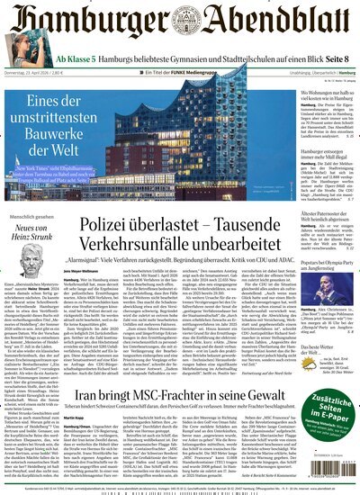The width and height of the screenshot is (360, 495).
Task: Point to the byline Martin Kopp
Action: click(98, 417)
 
